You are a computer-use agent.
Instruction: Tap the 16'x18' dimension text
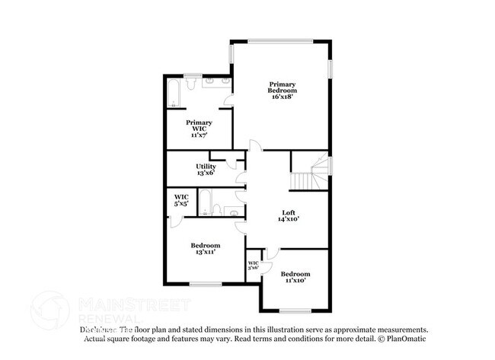pyautogui.click(x=281, y=97)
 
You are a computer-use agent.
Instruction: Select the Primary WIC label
pyautogui.click(x=200, y=126)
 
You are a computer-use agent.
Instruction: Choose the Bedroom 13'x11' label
pyautogui.click(x=206, y=245)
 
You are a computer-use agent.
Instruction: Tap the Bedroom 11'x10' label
pyautogui.click(x=295, y=274)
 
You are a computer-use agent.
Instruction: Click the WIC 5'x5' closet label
pyautogui.click(x=181, y=200)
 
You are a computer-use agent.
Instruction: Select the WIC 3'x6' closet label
pyautogui.click(x=254, y=266)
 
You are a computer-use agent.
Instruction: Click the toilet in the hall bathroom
pyautogui.click(x=217, y=210)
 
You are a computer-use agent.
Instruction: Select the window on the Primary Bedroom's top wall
pyautogui.click(x=280, y=40)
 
